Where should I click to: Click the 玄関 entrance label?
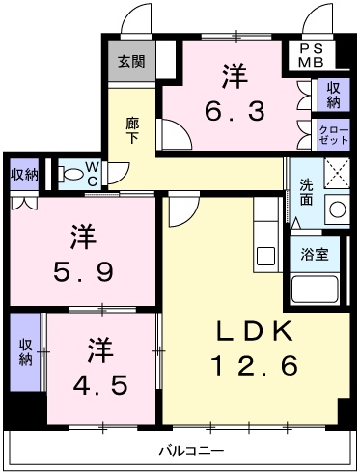pos(131,61)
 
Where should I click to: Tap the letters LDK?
pos(254,331)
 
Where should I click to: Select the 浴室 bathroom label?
pos(315,255)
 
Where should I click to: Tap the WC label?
pos(92,174)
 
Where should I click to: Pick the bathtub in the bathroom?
pos(315,288)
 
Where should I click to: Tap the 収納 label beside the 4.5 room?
pos(26,352)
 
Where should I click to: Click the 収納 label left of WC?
pos(24,174)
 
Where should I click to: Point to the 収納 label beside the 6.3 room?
pos(331,94)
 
